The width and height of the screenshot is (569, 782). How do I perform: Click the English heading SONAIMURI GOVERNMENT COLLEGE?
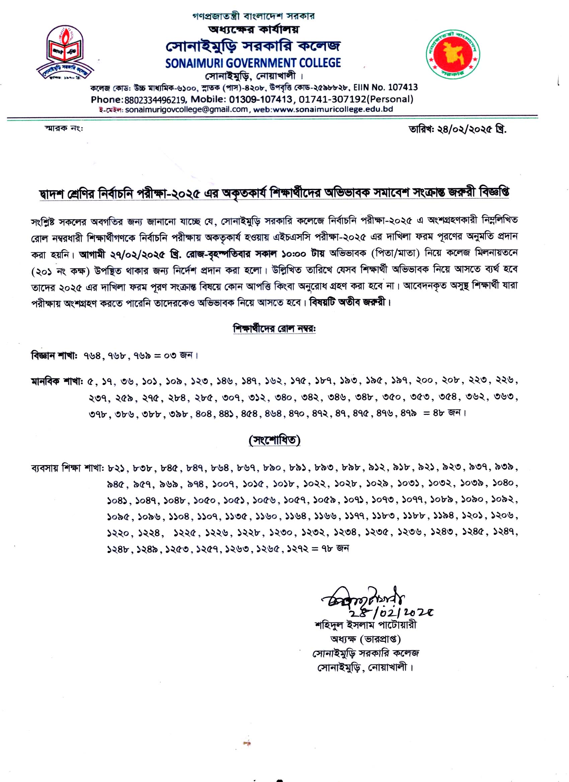tap(253, 63)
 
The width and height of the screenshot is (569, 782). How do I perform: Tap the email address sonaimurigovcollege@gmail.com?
tap(186, 110)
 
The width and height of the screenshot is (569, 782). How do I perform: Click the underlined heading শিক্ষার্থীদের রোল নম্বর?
tap(275, 329)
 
